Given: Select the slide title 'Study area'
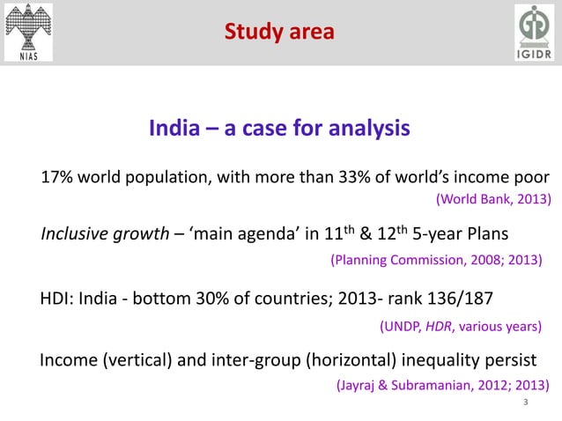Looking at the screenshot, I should [279, 33].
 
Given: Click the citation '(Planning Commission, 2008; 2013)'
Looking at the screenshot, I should [435, 260].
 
